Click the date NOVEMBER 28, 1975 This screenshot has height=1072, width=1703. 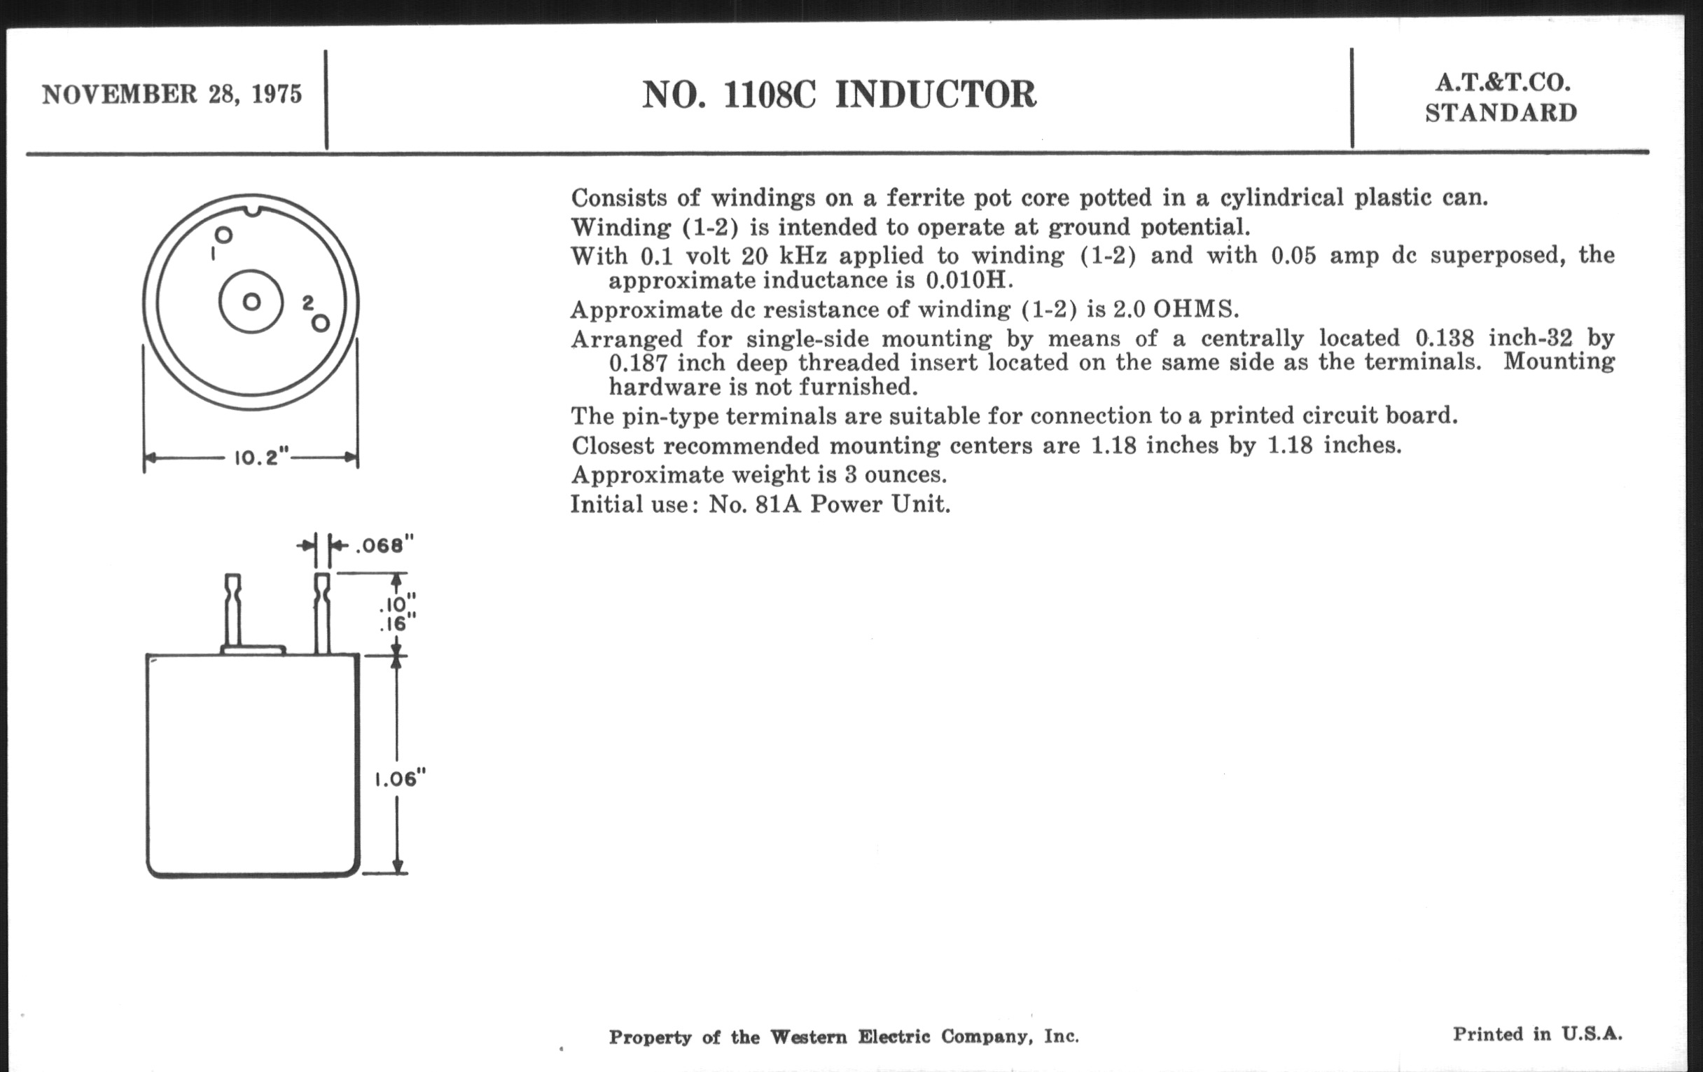pyautogui.click(x=172, y=94)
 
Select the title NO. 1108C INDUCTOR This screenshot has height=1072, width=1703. pyautogui.click(x=839, y=95)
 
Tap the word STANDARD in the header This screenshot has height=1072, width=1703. pyautogui.click(x=1501, y=114)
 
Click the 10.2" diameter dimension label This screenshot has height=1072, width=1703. pyautogui.click(x=262, y=458)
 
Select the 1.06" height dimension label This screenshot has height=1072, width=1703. pyautogui.click(x=401, y=779)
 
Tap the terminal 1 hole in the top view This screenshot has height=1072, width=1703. pyautogui.click(x=223, y=235)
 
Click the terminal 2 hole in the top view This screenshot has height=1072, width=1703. pyautogui.click(x=321, y=324)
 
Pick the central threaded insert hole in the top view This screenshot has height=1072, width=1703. pyautogui.click(x=251, y=302)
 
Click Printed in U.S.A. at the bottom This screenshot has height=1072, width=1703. pyautogui.click(x=1538, y=1033)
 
